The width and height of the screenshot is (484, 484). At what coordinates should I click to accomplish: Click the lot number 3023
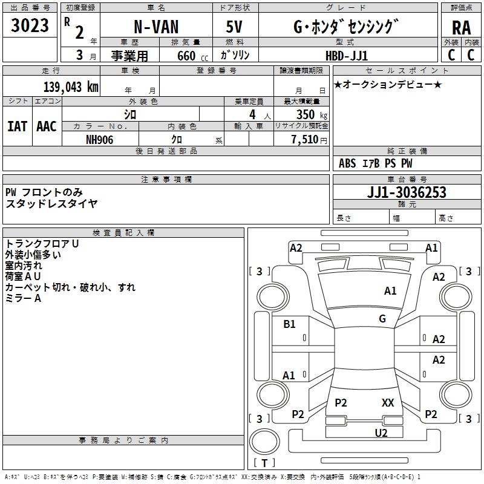(x=30, y=26)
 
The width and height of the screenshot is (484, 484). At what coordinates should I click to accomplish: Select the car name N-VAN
(x=155, y=27)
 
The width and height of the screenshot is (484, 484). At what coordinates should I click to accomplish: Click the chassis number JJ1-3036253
(x=407, y=192)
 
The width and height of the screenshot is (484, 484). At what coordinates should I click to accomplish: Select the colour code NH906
(x=100, y=138)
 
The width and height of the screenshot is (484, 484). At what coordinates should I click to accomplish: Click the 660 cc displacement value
(x=182, y=56)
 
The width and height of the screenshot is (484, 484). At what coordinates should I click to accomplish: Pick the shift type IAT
(x=17, y=126)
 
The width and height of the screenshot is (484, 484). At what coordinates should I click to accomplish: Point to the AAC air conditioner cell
(x=47, y=126)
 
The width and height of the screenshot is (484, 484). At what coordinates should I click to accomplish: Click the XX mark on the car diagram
(x=388, y=402)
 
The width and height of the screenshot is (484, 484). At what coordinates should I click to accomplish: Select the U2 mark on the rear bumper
(x=381, y=433)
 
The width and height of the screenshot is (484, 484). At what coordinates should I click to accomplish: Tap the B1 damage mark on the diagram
(x=290, y=324)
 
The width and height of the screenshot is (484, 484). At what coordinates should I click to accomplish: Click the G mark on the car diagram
(x=382, y=319)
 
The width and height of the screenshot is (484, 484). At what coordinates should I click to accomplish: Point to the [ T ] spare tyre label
(x=264, y=463)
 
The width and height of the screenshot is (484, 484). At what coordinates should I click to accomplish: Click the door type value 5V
(x=235, y=27)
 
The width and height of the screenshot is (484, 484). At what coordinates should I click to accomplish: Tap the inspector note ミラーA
(x=23, y=298)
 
